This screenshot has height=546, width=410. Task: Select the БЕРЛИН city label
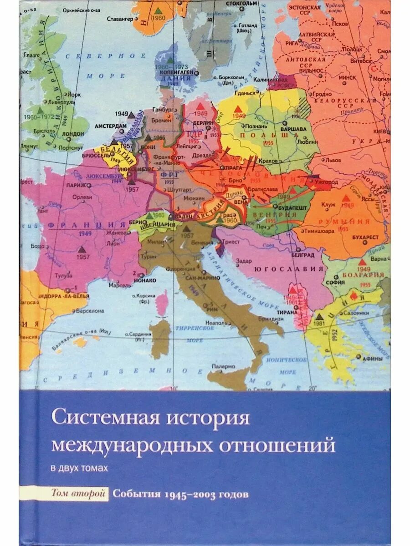click(206, 123)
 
